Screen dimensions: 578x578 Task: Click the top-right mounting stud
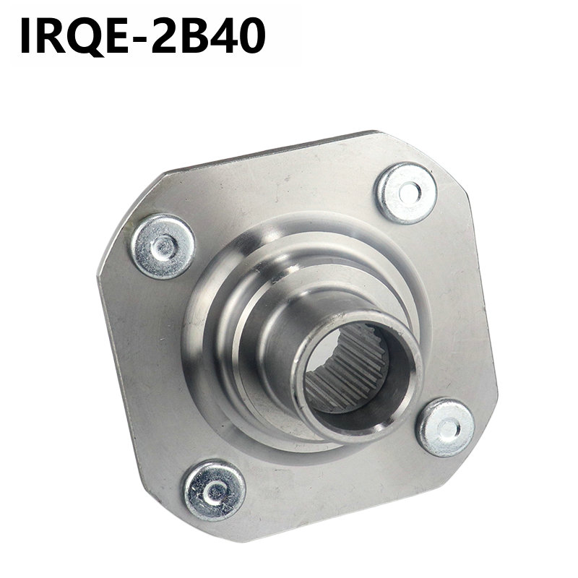tap(407, 193)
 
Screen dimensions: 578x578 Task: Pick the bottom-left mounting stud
tap(215, 491)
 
